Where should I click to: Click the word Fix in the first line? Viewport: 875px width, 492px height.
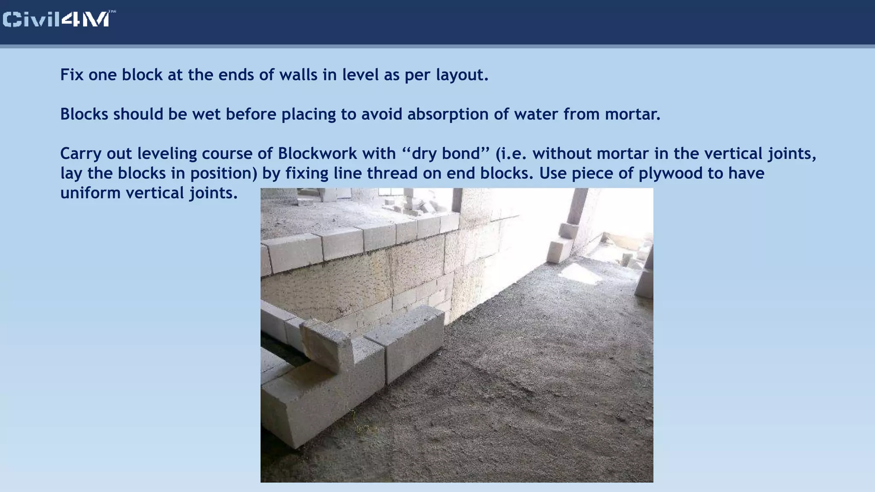pos(70,75)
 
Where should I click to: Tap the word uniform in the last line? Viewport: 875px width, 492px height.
pos(90,193)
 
